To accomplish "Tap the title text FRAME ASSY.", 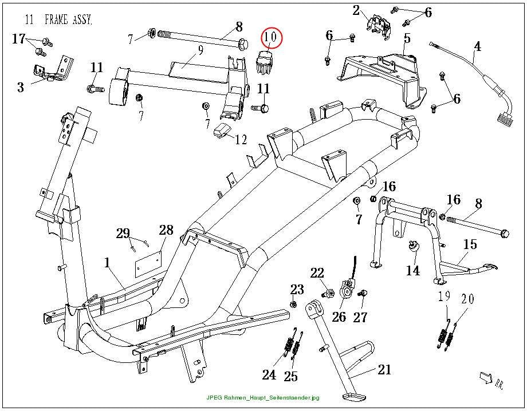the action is [68, 19].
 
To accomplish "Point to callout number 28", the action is [166, 230].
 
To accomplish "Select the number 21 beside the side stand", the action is [384, 369].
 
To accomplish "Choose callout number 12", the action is [241, 139].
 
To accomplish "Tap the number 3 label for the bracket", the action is [21, 88].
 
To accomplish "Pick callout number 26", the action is [339, 317].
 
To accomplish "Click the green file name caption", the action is [263, 398].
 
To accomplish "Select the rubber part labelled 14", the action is [413, 246].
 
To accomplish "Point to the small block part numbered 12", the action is [221, 130].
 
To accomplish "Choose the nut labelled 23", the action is [293, 304].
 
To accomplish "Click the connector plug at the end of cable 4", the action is [505, 120].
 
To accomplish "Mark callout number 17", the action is [19, 39].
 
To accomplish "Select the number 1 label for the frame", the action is [107, 262].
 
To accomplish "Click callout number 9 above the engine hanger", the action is [200, 50].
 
